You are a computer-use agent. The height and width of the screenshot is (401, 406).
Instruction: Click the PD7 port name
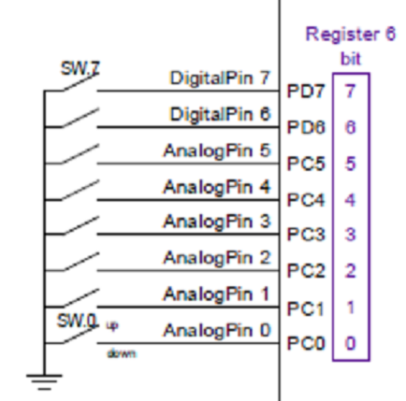tap(301, 92)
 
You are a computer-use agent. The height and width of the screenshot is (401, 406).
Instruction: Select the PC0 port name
tap(301, 343)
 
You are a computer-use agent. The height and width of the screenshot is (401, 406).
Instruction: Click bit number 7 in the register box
tap(350, 92)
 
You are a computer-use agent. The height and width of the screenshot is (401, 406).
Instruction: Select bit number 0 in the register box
tap(350, 343)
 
